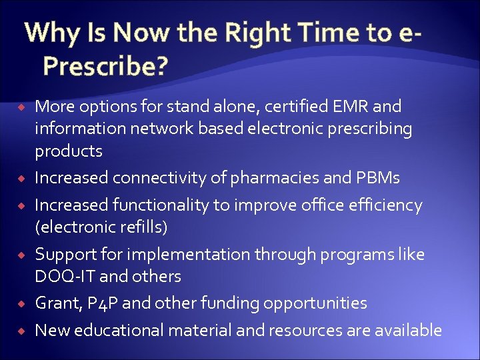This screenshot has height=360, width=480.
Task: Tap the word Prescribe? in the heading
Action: tap(105, 65)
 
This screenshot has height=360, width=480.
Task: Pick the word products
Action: tap(69, 151)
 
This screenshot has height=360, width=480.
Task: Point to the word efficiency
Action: tap(383, 205)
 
